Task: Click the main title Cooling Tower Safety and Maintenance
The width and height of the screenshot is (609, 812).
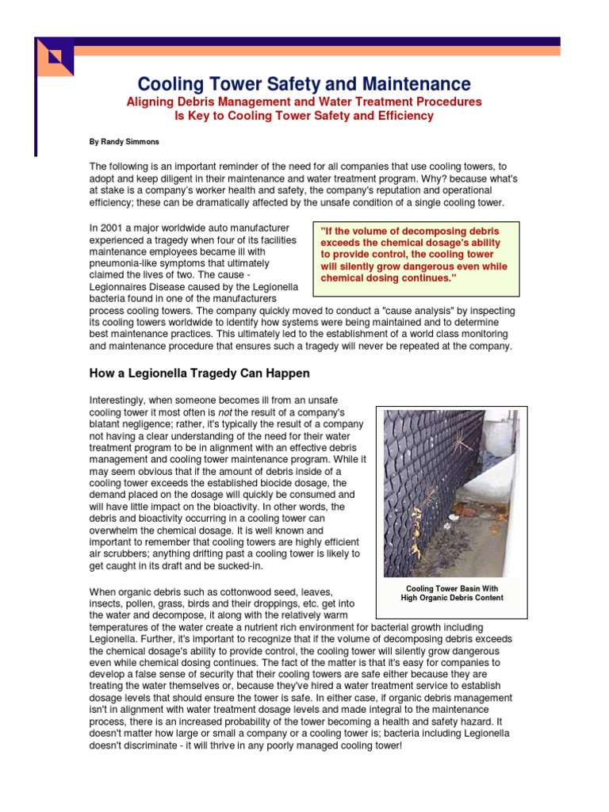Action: [x=304, y=84]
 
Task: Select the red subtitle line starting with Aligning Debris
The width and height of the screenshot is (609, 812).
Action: [x=304, y=102]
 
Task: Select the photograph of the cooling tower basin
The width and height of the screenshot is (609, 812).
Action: [x=450, y=492]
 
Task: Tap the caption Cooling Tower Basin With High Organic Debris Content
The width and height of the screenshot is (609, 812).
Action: [x=450, y=593]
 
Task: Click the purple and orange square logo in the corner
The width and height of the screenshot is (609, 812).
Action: [x=56, y=57]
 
